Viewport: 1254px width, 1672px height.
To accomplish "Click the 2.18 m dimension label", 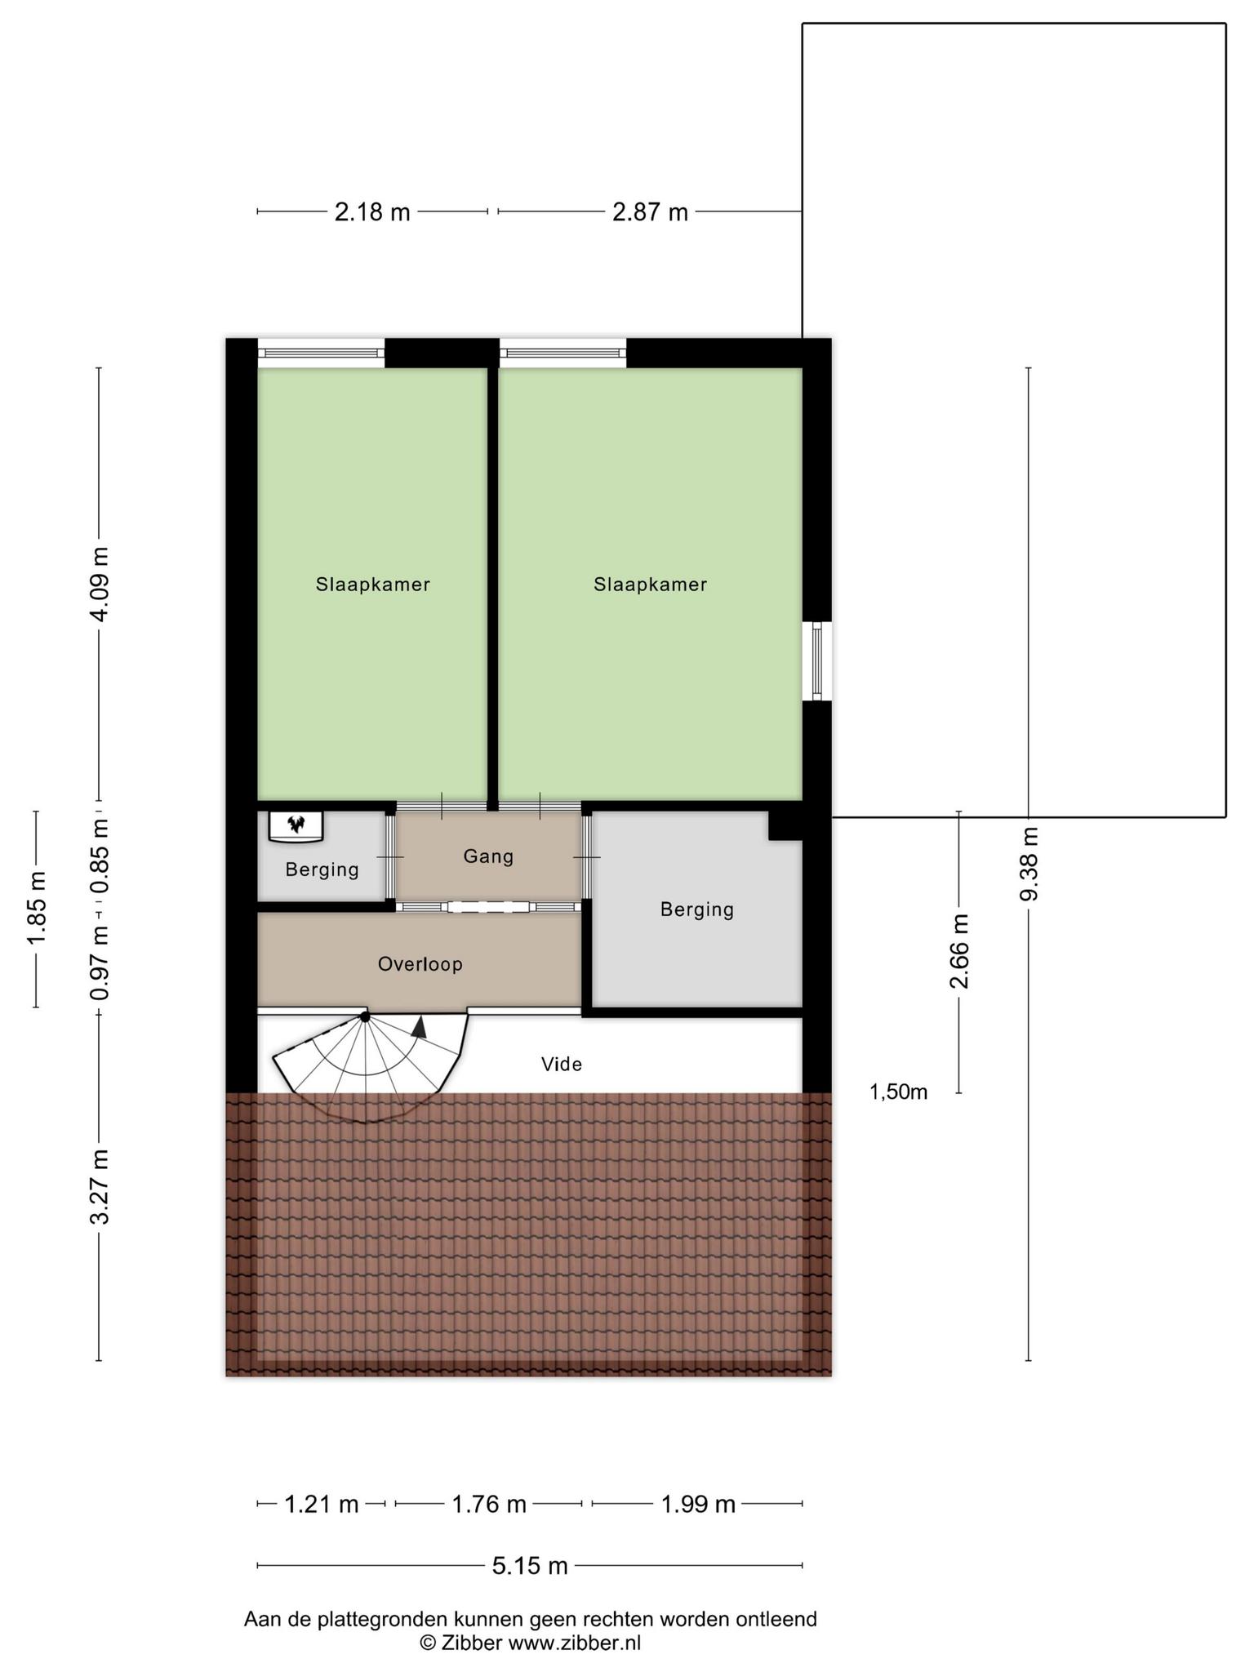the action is [x=372, y=212].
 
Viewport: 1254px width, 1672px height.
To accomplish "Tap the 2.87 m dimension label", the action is [x=650, y=212].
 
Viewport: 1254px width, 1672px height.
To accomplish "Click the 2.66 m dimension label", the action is [x=959, y=951].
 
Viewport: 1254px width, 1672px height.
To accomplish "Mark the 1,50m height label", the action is [x=898, y=1092].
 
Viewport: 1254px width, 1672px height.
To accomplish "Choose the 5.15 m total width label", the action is [x=530, y=1566].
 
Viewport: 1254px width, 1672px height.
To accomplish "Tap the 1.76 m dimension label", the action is [x=489, y=1504].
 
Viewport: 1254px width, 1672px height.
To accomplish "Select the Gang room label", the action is [x=488, y=856].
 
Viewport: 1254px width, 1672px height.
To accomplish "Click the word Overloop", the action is [x=420, y=964].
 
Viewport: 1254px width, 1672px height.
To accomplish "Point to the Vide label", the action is [x=562, y=1065].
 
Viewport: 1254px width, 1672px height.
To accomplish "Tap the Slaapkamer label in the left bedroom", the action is [x=373, y=585].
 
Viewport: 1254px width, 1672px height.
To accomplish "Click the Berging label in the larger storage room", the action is [x=697, y=909].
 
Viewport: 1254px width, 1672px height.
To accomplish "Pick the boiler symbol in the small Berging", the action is [x=296, y=825].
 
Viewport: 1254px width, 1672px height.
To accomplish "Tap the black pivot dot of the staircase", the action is [x=365, y=1016].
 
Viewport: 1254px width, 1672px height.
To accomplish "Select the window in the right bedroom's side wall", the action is [x=817, y=661].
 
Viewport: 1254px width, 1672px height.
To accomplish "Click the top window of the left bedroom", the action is [x=321, y=353].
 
